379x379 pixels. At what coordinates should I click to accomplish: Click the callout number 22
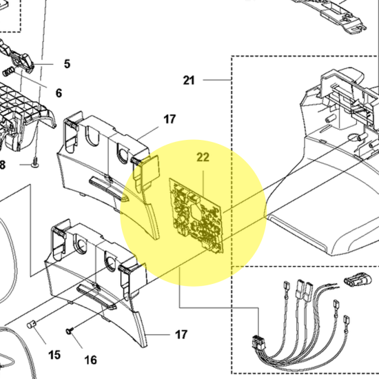(x=203, y=157)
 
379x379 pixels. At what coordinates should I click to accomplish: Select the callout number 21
(x=189, y=81)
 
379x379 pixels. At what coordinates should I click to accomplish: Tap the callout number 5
(x=67, y=64)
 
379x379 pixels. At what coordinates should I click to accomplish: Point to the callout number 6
(x=59, y=93)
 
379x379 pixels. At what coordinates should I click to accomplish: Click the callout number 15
(x=54, y=355)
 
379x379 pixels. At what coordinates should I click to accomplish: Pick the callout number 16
(x=91, y=360)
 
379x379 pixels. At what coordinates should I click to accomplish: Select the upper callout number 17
(x=170, y=119)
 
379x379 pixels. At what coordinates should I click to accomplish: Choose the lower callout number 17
(x=181, y=335)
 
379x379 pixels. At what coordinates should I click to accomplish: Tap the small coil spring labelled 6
(x=9, y=72)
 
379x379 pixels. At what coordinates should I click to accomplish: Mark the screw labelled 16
(x=70, y=331)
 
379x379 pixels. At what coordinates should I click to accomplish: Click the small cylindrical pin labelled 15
(x=31, y=324)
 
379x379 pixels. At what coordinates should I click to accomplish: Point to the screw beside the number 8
(x=35, y=162)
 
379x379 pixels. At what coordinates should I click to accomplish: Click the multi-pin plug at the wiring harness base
(x=258, y=342)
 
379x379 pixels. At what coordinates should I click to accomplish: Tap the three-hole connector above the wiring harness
(x=355, y=280)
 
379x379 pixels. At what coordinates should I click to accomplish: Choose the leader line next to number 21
(x=217, y=80)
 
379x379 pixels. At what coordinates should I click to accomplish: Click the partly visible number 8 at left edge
(x=2, y=165)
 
